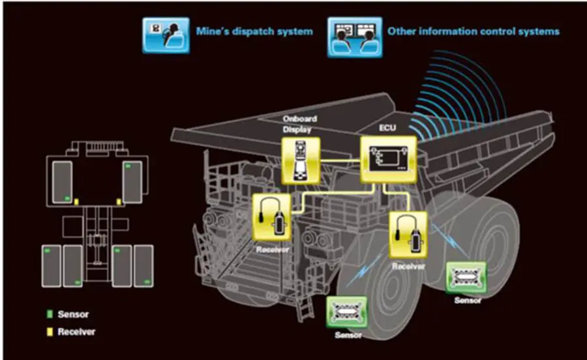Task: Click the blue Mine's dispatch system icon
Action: pos(166,35)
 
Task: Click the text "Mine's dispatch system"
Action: pos(254,31)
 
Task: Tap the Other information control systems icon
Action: pos(355,37)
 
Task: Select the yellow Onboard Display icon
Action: pos(301,160)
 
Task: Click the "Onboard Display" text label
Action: pos(300,124)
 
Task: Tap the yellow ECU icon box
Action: pos(389,159)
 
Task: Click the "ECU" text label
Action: pos(387,128)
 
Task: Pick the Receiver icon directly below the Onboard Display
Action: pos(272,217)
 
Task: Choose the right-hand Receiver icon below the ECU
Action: pos(408,235)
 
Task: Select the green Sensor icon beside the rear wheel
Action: pos(466,277)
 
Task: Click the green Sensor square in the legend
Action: pos(50,314)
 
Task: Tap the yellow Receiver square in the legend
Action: pos(50,332)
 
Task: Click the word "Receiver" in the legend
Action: pos(76,332)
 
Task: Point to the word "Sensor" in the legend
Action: pos(73,314)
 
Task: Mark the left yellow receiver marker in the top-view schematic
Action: pos(76,202)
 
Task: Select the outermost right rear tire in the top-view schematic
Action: pos(143,266)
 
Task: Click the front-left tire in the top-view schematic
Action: pos(62,182)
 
